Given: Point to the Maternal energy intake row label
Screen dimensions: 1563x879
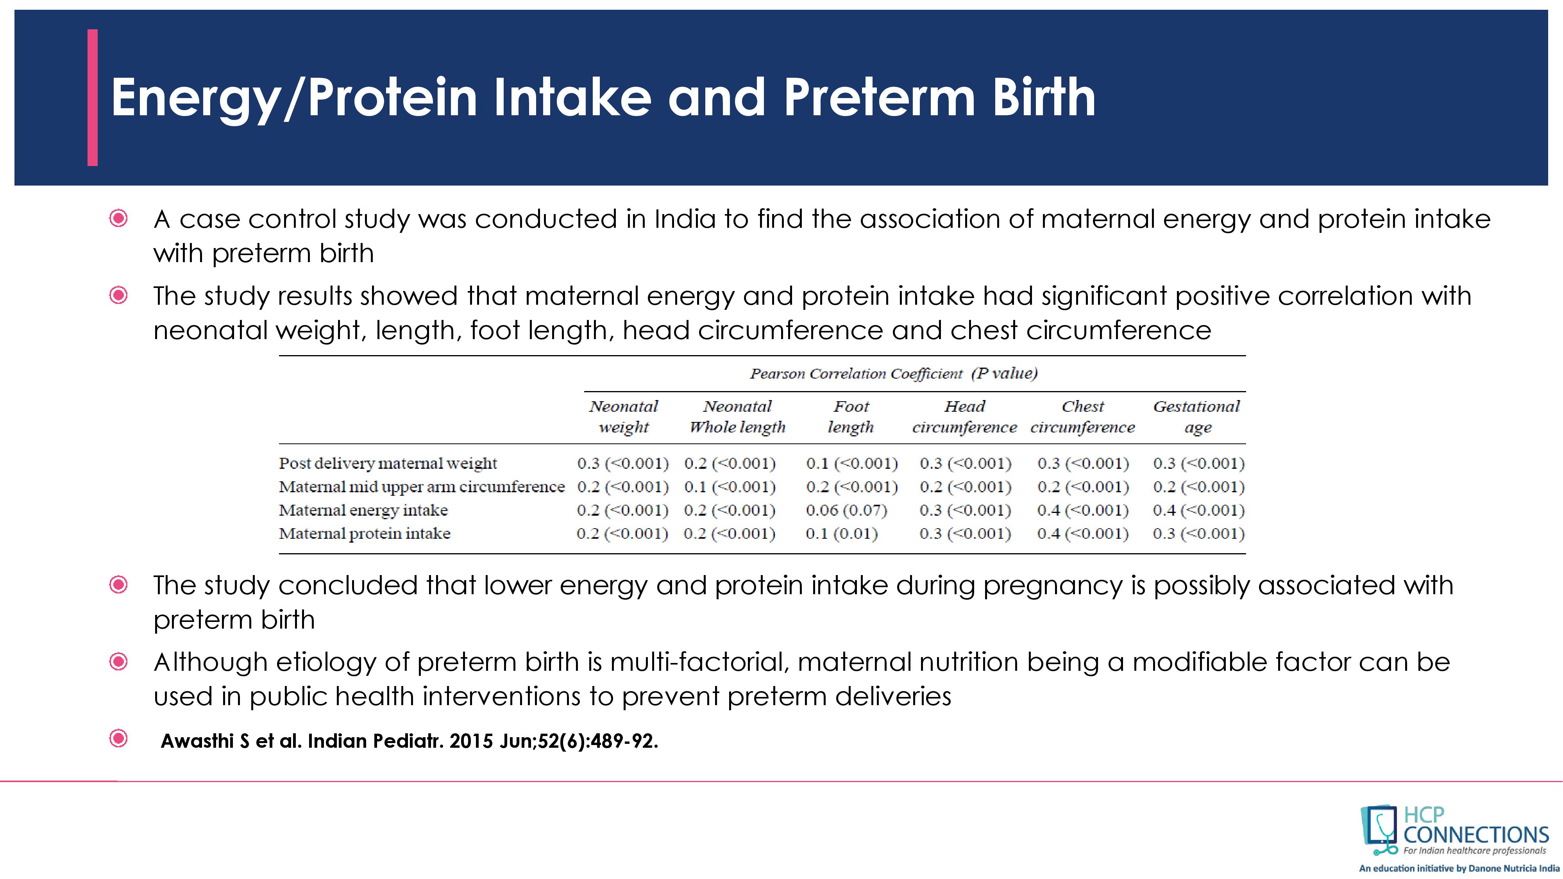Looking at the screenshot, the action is click(363, 510).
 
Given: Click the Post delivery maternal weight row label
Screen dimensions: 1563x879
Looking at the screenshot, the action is click(388, 463).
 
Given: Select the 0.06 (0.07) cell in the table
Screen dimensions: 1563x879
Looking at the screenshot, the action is click(846, 510).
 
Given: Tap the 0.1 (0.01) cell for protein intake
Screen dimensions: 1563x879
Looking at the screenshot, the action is click(842, 534).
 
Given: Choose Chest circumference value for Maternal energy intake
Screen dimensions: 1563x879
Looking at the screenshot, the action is click(1083, 510).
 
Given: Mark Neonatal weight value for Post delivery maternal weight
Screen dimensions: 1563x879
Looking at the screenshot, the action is click(622, 463).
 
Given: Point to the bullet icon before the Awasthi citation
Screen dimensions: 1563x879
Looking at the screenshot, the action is click(118, 738).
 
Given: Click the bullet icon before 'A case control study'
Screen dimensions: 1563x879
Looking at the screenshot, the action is click(118, 218).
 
